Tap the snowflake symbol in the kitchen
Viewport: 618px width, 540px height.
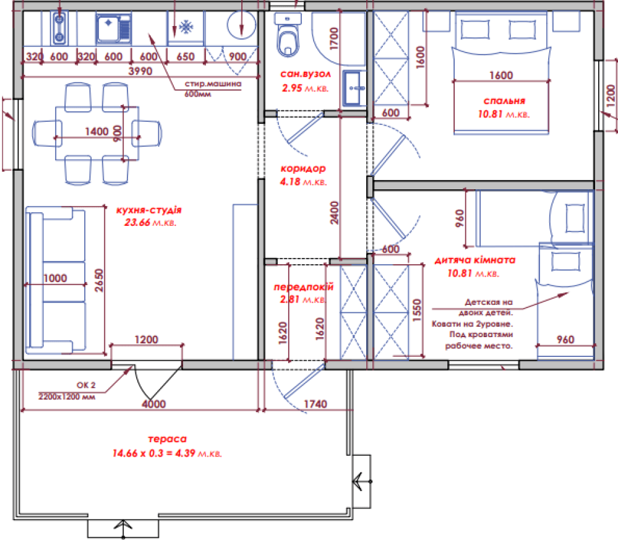click(186, 27)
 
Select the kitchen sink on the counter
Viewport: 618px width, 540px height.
click(114, 28)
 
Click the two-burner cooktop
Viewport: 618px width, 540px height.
click(59, 28)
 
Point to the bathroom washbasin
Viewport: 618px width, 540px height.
click(354, 88)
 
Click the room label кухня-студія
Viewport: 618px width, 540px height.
click(149, 210)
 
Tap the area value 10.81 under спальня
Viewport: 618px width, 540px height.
click(491, 114)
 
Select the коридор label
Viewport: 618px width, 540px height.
click(303, 169)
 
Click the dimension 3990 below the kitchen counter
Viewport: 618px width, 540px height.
click(140, 71)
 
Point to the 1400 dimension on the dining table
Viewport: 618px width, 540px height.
click(97, 131)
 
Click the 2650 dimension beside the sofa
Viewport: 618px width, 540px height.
click(99, 280)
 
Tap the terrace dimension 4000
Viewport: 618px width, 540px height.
click(153, 404)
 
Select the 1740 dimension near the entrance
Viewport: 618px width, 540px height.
click(315, 404)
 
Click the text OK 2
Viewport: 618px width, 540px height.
click(86, 385)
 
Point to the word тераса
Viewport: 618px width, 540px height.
click(168, 439)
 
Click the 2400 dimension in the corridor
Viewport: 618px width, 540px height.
click(334, 213)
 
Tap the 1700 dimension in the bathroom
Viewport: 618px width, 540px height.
click(333, 38)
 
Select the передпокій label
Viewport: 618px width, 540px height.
click(304, 286)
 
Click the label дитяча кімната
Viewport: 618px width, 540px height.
click(475, 260)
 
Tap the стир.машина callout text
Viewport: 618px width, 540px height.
click(213, 84)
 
